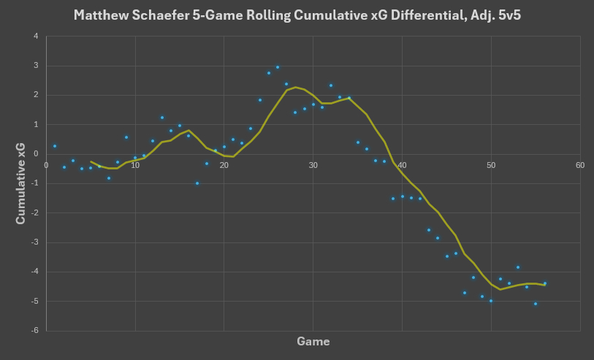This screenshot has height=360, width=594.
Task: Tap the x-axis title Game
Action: click(313, 342)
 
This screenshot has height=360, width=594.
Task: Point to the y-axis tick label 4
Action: click(37, 37)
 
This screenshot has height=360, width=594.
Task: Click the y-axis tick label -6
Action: click(35, 330)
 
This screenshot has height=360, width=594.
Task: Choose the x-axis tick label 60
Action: click(580, 165)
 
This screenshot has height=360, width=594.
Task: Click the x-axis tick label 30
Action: click(313, 165)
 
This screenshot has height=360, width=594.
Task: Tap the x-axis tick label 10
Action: click(135, 165)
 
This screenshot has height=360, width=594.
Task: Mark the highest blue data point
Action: click(278, 67)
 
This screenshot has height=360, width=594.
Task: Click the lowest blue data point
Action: click(536, 304)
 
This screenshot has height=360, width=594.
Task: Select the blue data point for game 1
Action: click(55, 146)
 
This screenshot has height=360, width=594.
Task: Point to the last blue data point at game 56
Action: click(544, 283)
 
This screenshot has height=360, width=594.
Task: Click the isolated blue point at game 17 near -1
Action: click(197, 183)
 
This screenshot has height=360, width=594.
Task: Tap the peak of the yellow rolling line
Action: click(295, 87)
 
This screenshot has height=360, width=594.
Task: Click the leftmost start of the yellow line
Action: click(91, 161)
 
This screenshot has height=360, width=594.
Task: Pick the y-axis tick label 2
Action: click(37, 95)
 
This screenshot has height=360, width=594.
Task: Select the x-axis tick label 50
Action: click(491, 165)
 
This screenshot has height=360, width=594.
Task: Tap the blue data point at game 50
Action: click(491, 301)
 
